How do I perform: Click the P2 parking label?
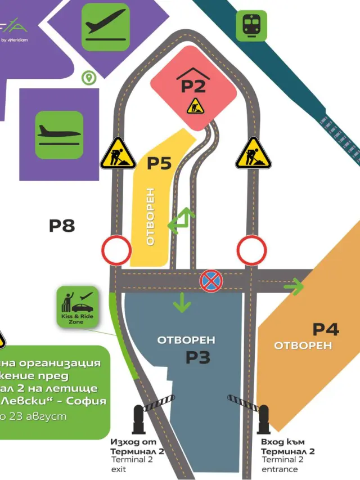pyautogui.click(x=193, y=86)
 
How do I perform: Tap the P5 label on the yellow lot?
pyautogui.click(x=159, y=163)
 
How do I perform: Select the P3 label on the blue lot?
pyautogui.click(x=197, y=357)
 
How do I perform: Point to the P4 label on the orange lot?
pyautogui.click(x=326, y=329)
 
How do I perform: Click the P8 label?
pyautogui.click(x=62, y=226)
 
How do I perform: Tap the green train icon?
pyautogui.click(x=251, y=26)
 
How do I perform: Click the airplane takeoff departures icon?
pyautogui.click(x=106, y=27)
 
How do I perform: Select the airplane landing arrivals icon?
pyautogui.click(x=59, y=134)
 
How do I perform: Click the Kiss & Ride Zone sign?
pyautogui.click(x=78, y=307)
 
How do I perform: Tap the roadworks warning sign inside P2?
pyautogui.click(x=195, y=106)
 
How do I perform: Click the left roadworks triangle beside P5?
pyautogui.click(x=118, y=154)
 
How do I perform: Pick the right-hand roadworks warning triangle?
pyautogui.click(x=253, y=154)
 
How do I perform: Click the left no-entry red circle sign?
pyautogui.click(x=116, y=250)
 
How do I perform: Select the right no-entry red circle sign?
pyautogui.click(x=251, y=250)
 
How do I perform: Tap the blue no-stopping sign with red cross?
pyautogui.click(x=211, y=281)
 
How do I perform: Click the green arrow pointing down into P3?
pyautogui.click(x=182, y=302)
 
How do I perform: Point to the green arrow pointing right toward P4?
pyautogui.click(x=293, y=286)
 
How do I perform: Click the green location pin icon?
pyautogui.click(x=88, y=78)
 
